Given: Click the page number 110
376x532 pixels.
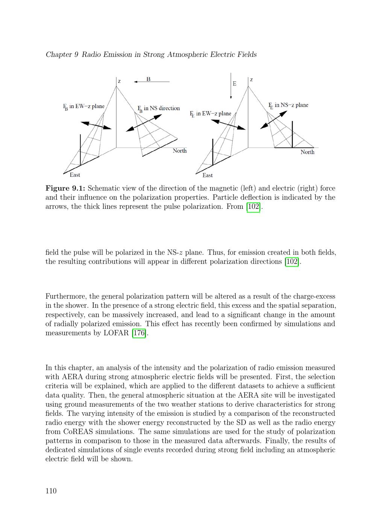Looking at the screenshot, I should coord(51,491).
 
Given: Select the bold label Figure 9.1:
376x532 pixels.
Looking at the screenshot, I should coord(65,188).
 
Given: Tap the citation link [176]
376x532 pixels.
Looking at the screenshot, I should coord(139,333).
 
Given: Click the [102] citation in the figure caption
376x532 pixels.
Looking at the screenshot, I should coord(253,207).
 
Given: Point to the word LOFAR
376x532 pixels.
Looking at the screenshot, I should coord(116,333).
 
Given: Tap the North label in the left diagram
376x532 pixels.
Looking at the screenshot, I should coord(179,151).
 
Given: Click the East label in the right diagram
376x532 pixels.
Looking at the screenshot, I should coord(208,175).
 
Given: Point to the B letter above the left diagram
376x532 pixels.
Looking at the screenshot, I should coord(149,79).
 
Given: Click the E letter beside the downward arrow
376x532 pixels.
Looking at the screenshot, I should coord(235,84).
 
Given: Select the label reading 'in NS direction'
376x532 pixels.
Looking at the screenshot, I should coord(162,108).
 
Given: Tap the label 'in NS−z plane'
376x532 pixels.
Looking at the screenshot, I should coord(291,105).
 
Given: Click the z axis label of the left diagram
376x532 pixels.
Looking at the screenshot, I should coord(119,81).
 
